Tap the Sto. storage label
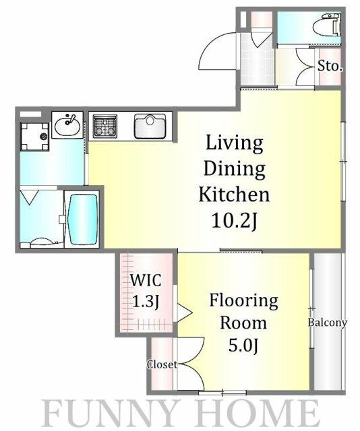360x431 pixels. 330,66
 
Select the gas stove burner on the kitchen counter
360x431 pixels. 105,126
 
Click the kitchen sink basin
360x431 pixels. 150,126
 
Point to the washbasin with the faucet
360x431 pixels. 67,125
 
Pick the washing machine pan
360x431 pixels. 34,137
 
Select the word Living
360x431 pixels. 235,143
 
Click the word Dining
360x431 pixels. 235,168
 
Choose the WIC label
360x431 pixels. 146,280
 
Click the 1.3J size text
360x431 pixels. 146,301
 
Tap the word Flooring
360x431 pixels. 243,300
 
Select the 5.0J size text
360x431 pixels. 243,345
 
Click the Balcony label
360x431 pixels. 327,322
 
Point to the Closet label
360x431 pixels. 162,364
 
